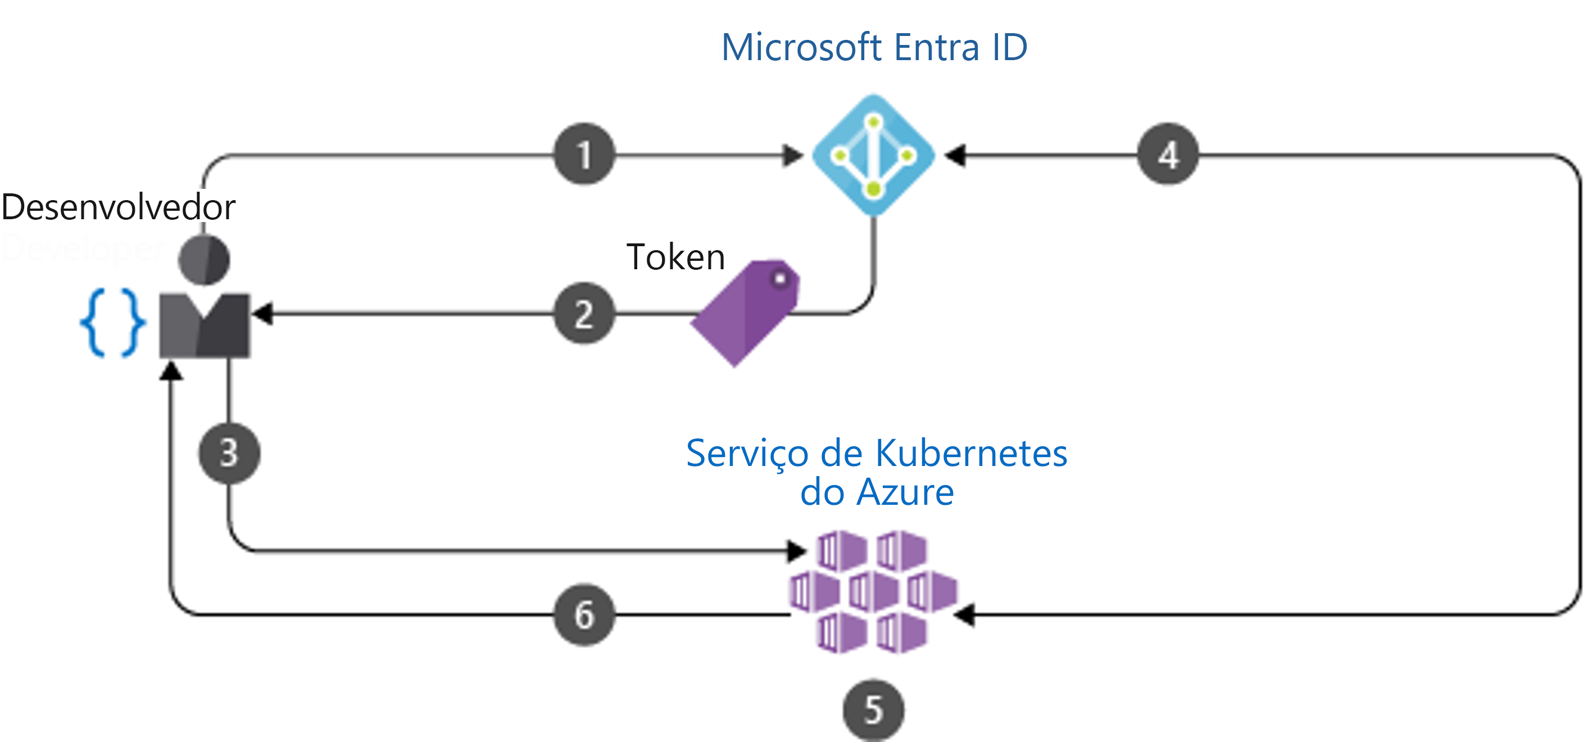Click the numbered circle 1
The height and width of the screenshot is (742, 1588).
(584, 154)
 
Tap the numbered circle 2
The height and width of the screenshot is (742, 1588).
(584, 313)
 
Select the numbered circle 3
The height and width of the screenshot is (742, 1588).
(229, 453)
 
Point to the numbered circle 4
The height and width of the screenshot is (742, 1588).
(1168, 154)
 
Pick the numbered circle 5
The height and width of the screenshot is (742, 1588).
(873, 709)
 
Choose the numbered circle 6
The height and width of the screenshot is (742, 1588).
(584, 614)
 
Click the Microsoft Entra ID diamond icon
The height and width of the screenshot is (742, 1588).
(873, 156)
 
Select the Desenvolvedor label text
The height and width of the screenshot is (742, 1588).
(119, 207)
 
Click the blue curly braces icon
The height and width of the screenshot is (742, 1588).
(113, 322)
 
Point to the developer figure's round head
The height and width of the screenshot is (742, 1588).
(204, 260)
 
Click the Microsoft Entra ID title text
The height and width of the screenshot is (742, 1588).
(874, 47)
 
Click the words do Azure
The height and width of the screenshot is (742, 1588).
(877, 492)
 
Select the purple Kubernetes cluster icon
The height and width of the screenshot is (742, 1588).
(873, 591)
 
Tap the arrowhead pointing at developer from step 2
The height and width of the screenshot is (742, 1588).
(262, 313)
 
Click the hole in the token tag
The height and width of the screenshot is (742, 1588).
(781, 279)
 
